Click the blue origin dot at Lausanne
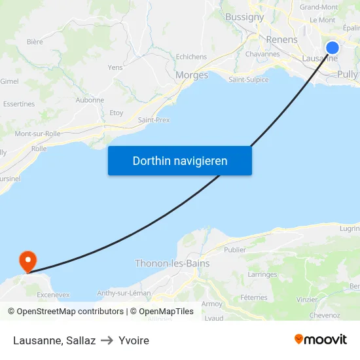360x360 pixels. [333, 48]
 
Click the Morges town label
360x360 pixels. [192, 75]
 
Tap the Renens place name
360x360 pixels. [281, 40]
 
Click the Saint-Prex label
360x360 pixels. [154, 120]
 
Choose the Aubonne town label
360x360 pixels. [90, 100]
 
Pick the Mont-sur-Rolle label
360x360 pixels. [37, 134]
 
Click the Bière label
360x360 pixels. [35, 42]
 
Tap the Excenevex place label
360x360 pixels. [54, 295]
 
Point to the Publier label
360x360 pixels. [235, 249]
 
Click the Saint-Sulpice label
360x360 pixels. [248, 80]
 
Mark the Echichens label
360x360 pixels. [191, 57]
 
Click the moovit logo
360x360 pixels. [320, 340]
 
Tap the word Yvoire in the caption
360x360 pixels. [134, 340]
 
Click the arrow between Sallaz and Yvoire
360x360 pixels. [107, 340]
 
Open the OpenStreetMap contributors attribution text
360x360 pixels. [70, 312]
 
